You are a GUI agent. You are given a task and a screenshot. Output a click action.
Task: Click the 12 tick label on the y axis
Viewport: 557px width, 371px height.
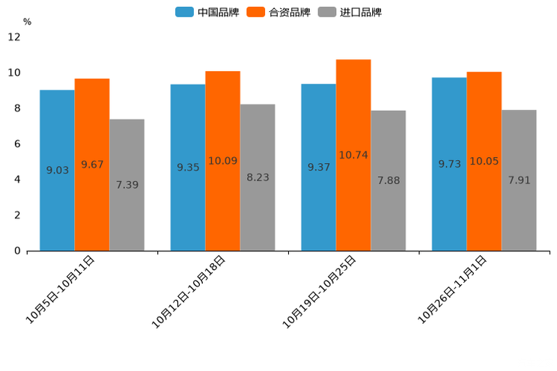pyautogui.click(x=14, y=37)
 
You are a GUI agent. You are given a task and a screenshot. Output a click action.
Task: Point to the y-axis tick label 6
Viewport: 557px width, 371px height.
pyautogui.click(x=17, y=144)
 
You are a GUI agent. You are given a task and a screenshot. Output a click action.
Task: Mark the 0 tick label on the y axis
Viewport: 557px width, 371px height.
pyautogui.click(x=17, y=251)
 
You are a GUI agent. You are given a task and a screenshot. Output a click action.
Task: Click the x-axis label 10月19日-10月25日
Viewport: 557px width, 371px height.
pyautogui.click(x=320, y=291)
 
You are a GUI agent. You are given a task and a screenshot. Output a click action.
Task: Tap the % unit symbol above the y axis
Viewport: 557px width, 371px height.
pyautogui.click(x=27, y=22)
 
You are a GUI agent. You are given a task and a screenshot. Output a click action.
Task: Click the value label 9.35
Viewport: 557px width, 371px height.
pyautogui.click(x=188, y=168)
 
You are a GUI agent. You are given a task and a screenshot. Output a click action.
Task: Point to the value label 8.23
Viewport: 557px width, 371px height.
pyautogui.click(x=258, y=177)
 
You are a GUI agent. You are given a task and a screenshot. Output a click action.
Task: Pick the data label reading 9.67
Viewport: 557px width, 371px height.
pyautogui.click(x=92, y=165)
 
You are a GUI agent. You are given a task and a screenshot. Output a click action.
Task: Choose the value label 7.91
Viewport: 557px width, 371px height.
pyautogui.click(x=519, y=180)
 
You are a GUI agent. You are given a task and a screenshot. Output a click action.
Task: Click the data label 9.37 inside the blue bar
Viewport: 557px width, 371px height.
pyautogui.click(x=318, y=168)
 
